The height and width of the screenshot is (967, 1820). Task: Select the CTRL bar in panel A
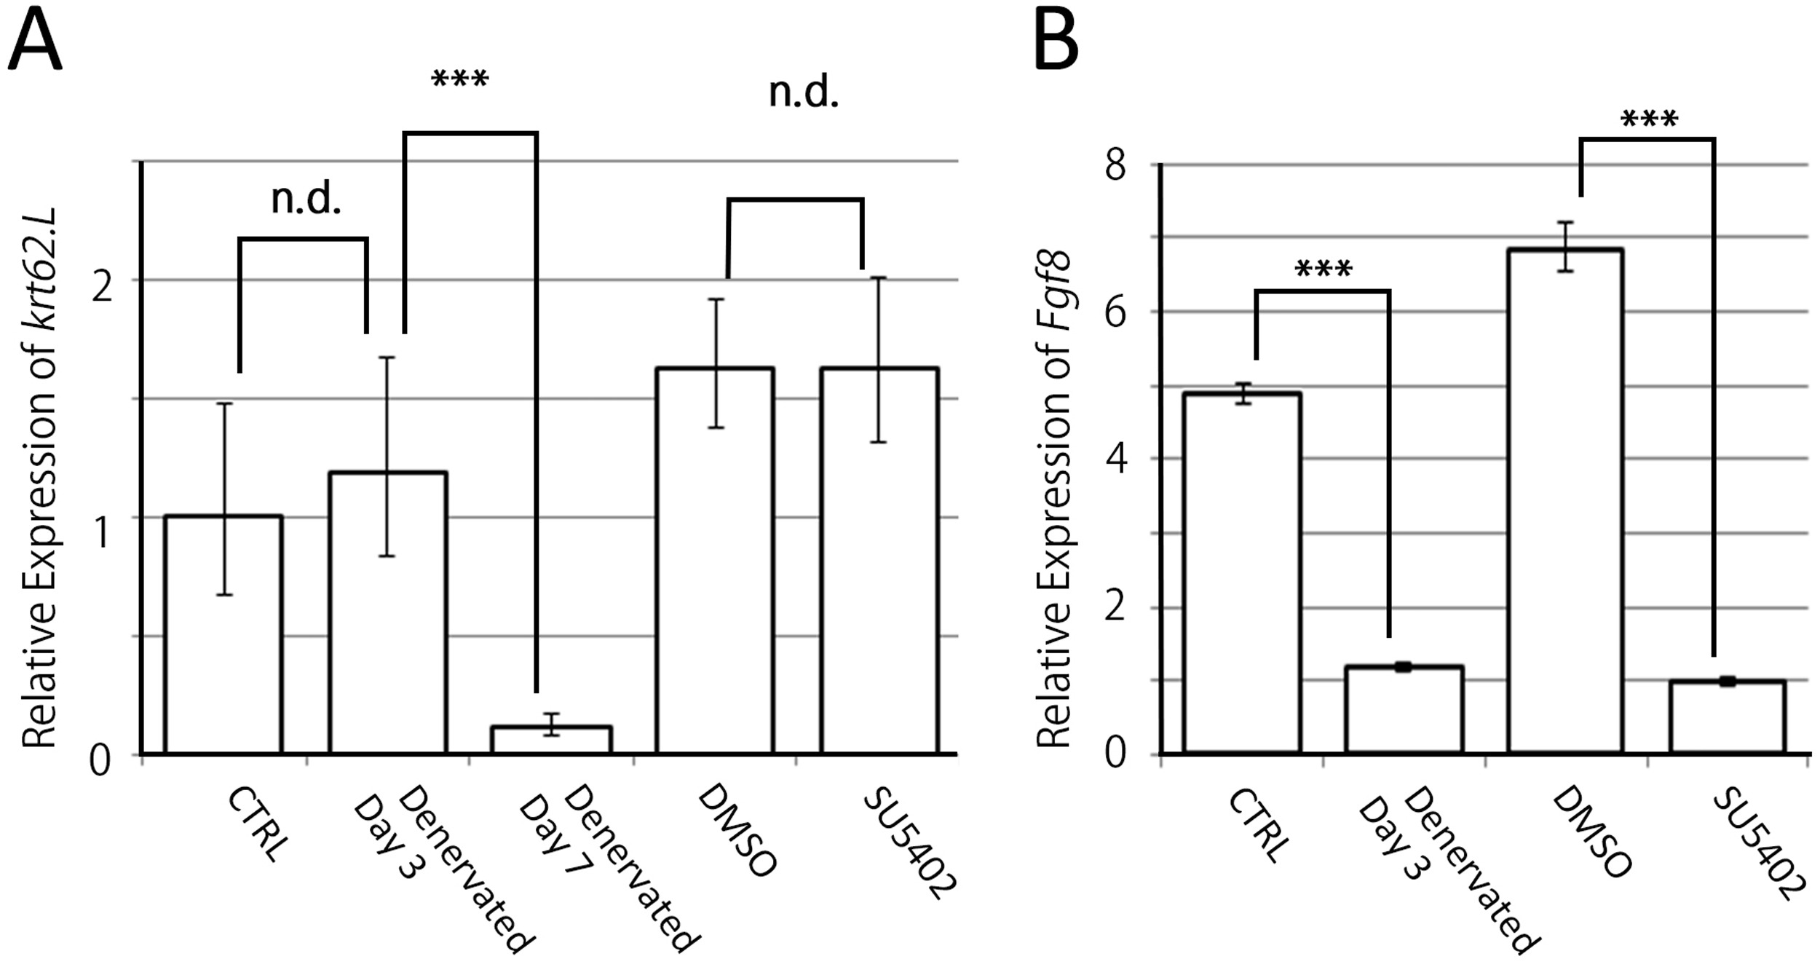223,634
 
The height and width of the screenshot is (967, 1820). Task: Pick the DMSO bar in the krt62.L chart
714,561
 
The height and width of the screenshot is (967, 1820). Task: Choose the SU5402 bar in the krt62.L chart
879,561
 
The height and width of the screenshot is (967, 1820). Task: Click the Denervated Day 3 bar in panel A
387,612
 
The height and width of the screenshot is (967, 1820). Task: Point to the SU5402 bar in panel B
1728,717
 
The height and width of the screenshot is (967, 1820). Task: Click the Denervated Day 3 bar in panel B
1404,709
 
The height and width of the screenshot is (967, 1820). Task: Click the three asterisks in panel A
460,79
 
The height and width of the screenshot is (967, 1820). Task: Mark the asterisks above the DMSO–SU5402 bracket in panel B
1650,119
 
